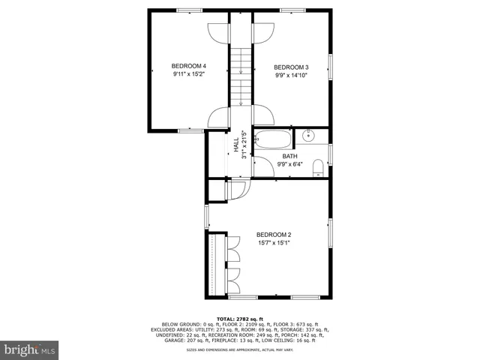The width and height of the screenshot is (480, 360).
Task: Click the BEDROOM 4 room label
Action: coord(189,65)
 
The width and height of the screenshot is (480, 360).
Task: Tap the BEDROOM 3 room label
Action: coord(290,65)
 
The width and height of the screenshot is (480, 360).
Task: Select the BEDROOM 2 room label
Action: coord(274,235)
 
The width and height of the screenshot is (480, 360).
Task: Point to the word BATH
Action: coord(289,156)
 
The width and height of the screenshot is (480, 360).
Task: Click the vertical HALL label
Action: coord(236,145)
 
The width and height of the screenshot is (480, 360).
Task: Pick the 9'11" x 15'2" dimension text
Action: coord(189,74)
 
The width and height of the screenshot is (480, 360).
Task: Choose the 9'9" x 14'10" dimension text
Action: coord(290,74)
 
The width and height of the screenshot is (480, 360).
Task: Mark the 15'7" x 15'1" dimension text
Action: coord(274,243)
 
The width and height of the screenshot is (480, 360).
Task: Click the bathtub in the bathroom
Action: coord(273,139)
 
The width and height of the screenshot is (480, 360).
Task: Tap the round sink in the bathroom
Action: coord(309,136)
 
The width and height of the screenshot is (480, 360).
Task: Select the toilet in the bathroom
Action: coord(318,166)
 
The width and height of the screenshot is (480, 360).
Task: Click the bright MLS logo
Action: coord(30,349)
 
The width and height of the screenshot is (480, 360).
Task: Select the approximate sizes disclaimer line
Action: coord(241,349)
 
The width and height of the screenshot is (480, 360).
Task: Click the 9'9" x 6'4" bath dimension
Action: coord(289,164)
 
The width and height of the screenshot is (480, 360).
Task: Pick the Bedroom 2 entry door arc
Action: coord(235,190)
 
